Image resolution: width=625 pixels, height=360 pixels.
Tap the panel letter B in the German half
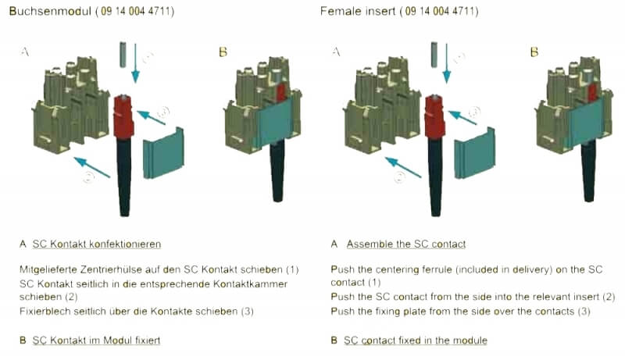click(x=223, y=52)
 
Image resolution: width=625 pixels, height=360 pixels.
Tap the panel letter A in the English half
click(x=337, y=52)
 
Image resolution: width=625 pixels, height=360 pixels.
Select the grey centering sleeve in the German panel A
click(x=123, y=55)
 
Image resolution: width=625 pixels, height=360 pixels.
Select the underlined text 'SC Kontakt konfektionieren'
click(x=97, y=244)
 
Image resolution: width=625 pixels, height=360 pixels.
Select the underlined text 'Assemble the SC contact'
click(x=406, y=244)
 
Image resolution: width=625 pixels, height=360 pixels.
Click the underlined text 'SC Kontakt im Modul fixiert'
click(x=97, y=340)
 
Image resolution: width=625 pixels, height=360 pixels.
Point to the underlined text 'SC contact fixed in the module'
click(x=415, y=340)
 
